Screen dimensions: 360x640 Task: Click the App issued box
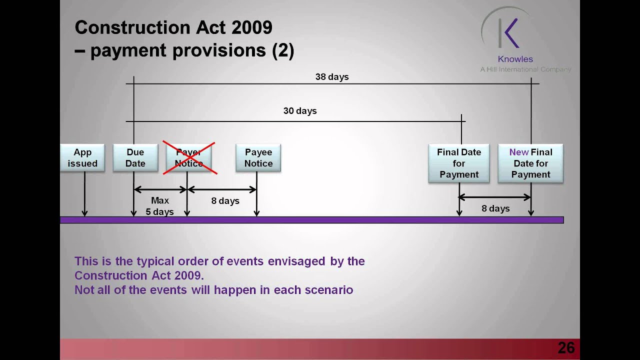82,157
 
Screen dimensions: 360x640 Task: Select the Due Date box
135,157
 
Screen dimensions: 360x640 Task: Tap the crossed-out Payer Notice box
189,157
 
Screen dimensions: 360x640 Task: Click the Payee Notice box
258,157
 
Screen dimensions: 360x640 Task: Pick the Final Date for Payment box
459,163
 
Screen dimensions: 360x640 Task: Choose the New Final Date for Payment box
530,163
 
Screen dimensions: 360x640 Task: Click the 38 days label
332,77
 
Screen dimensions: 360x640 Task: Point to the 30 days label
300,111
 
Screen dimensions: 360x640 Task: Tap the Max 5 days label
160,206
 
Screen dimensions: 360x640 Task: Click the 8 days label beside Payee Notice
225,201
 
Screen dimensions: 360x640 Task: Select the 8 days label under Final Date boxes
495,208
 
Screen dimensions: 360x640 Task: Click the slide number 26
566,348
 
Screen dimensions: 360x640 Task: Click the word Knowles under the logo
515,59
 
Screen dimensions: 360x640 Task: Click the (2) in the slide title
283,50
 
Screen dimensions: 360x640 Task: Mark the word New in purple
518,152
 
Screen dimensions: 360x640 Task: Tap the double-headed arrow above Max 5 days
160,189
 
